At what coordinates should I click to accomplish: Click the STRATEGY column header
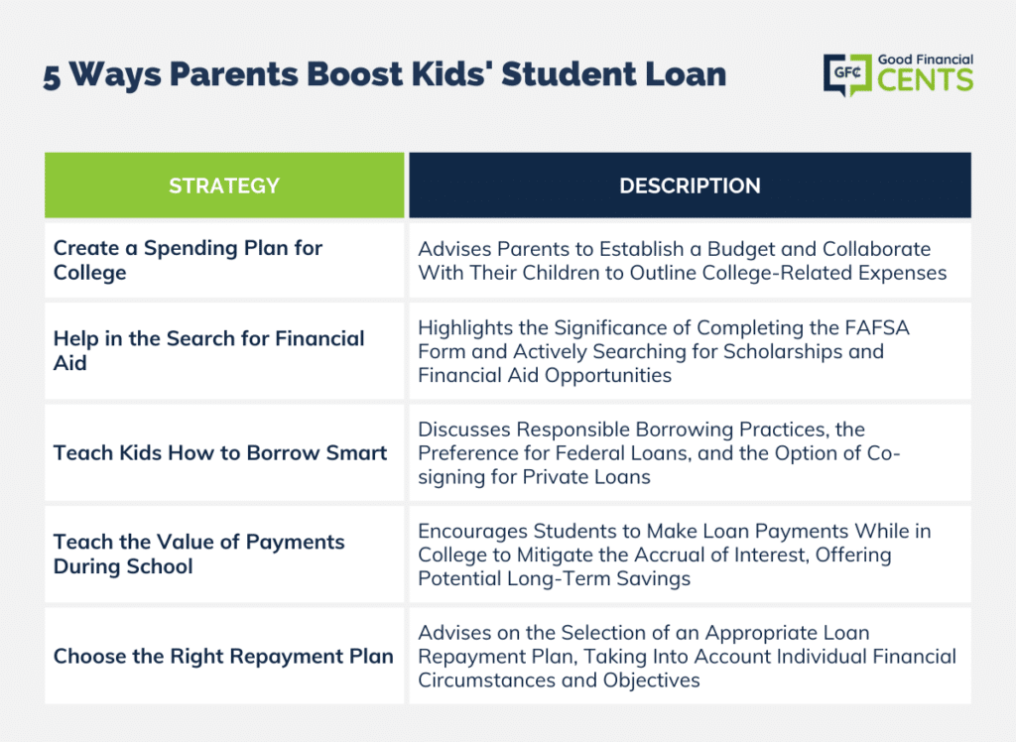click(x=224, y=185)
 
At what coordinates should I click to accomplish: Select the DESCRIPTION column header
click(x=691, y=185)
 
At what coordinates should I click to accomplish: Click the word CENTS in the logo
click(x=926, y=80)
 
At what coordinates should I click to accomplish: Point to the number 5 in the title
click(x=52, y=77)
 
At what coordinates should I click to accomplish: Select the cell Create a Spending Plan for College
click(x=224, y=260)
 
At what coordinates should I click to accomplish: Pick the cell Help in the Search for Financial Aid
click(x=224, y=350)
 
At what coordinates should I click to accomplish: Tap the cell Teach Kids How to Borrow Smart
click(x=224, y=452)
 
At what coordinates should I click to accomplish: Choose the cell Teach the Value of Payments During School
click(x=224, y=555)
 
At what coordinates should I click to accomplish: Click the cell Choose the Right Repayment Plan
click(x=224, y=656)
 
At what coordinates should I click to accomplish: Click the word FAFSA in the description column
click(x=877, y=327)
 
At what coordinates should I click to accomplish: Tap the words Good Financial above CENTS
click(x=926, y=60)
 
